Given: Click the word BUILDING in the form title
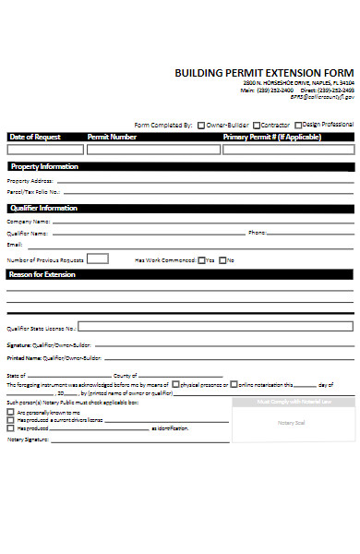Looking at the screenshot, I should tap(198, 72).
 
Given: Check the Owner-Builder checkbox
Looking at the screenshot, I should tap(201, 125).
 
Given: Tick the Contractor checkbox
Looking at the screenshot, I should tap(258, 125).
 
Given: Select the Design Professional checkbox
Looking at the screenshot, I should tap(296, 124).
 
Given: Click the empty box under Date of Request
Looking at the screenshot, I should tap(42, 148).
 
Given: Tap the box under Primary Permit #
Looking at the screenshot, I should tap(285, 148).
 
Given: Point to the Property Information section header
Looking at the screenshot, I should tap(44, 166).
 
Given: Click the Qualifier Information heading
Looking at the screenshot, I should tap(44, 208).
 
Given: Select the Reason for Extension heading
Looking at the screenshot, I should tap(42, 274).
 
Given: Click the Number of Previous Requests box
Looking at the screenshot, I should tap(98, 259).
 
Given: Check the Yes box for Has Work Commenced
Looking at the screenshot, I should tap(202, 260).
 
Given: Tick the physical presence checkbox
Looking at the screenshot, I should tap(175, 384).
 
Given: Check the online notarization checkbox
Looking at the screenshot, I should tap(234, 384).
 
